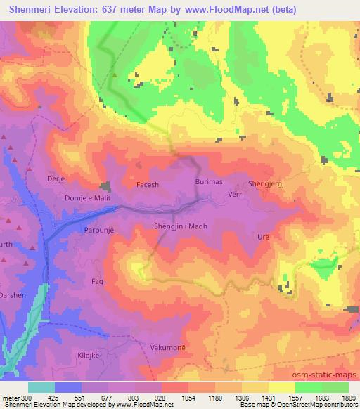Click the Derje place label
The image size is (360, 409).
click(x=56, y=179)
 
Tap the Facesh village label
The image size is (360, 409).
click(x=148, y=186)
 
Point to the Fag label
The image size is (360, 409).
click(x=98, y=281)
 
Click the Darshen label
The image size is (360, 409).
click(x=13, y=295)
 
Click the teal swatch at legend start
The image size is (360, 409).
click(x=41, y=387)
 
